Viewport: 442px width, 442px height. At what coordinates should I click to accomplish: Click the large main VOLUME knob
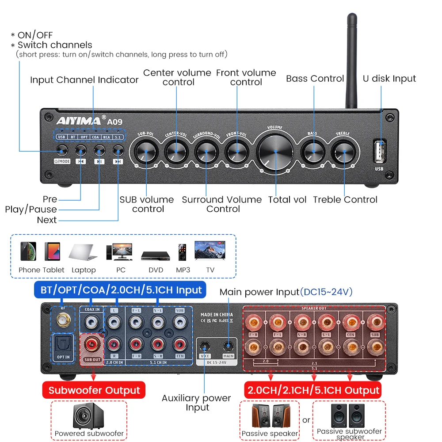pyautogui.click(x=274, y=151)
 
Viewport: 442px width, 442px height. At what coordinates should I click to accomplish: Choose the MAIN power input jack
pyautogui.click(x=228, y=346)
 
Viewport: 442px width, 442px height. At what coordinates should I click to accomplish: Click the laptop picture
pyautogui.click(x=84, y=253)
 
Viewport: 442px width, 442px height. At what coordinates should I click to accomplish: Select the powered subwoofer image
pyautogui.click(x=88, y=416)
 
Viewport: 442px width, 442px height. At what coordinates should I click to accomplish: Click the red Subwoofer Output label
pyautogui.click(x=94, y=390)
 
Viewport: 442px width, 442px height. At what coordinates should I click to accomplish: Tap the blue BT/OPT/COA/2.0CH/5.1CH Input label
pyautogui.click(x=121, y=290)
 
